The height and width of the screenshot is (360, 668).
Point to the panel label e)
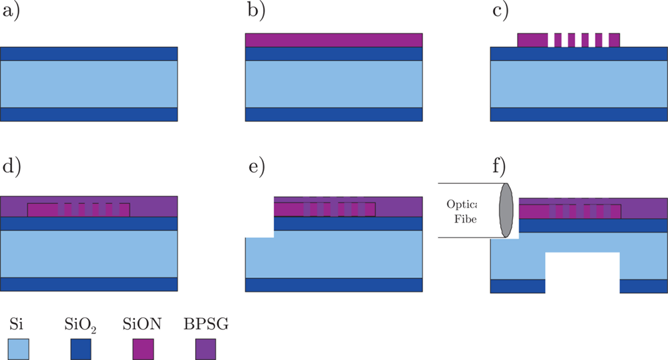pyautogui.click(x=257, y=168)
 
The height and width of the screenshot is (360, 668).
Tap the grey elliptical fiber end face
pyautogui.click(x=505, y=210)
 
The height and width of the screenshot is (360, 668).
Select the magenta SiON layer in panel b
pyautogui.click(x=333, y=40)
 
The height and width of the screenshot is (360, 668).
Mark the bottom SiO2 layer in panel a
pyautogui.click(x=89, y=114)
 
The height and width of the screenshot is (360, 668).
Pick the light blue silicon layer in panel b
pyautogui.click(x=333, y=83)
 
